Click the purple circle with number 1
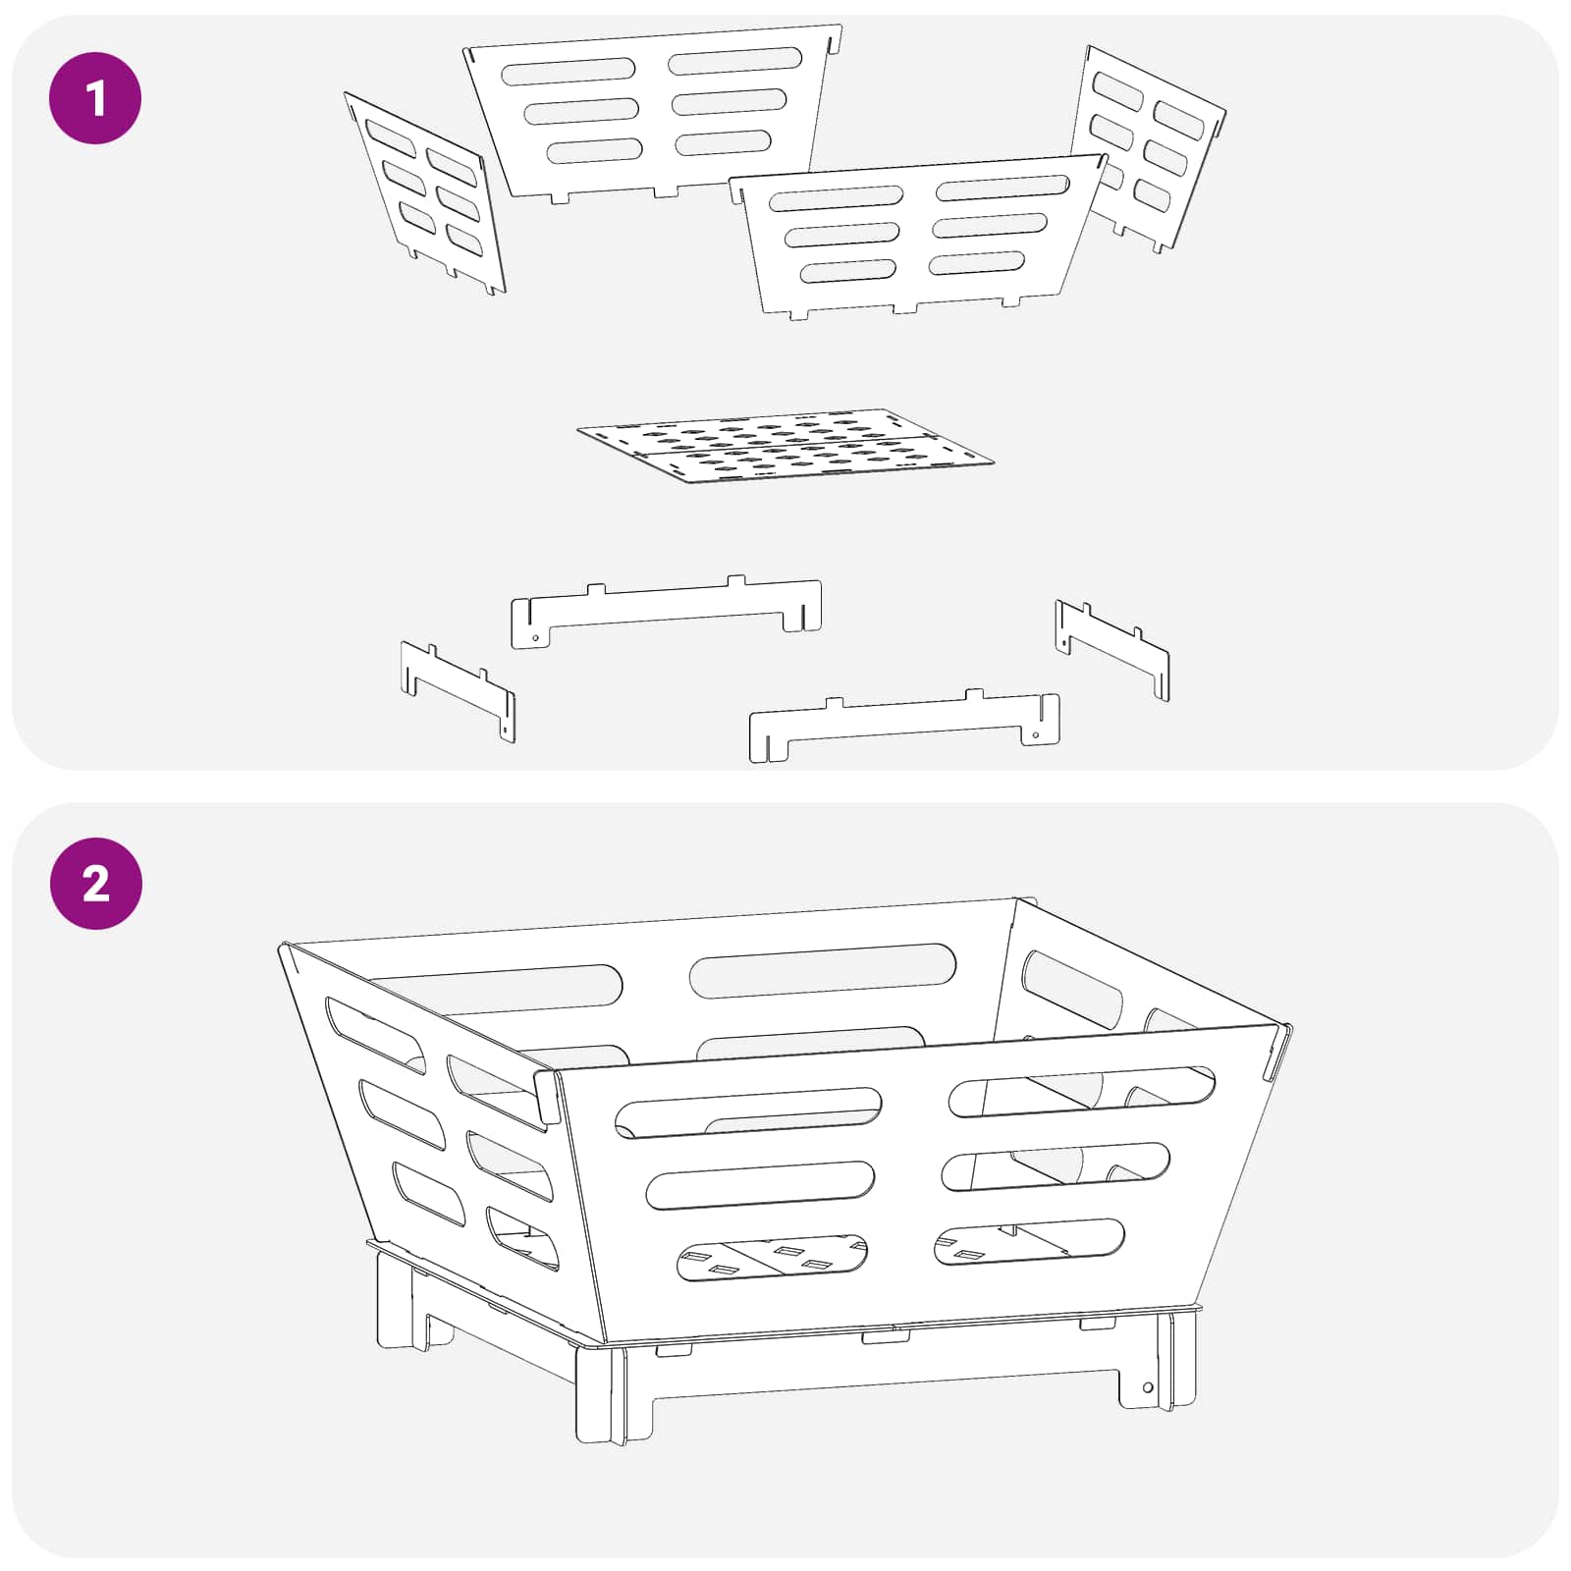tap(95, 98)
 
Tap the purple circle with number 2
tap(95, 884)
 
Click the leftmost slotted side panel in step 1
tap(424, 192)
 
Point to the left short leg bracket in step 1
tap(458, 691)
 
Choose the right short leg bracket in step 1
tap(1112, 650)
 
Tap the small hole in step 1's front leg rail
tap(1036, 734)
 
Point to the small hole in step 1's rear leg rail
tap(535, 637)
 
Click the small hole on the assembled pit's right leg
tap(1148, 1387)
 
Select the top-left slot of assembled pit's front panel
tap(748, 1112)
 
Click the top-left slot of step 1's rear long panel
tap(569, 71)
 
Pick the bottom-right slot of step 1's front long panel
tap(977, 263)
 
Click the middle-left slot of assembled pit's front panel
tap(760, 1185)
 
